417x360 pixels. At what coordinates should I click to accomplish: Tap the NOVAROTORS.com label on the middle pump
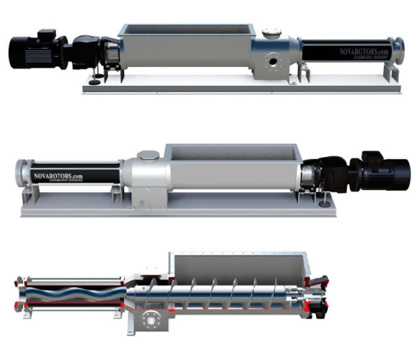pyautogui.click(x=58, y=175)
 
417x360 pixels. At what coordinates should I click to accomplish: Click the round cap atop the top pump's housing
pyautogui.click(x=272, y=32)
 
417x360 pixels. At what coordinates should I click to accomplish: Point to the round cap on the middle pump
pyautogui.click(x=147, y=155)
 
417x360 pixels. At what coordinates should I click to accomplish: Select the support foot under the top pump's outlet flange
pyautogui.click(x=392, y=72)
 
